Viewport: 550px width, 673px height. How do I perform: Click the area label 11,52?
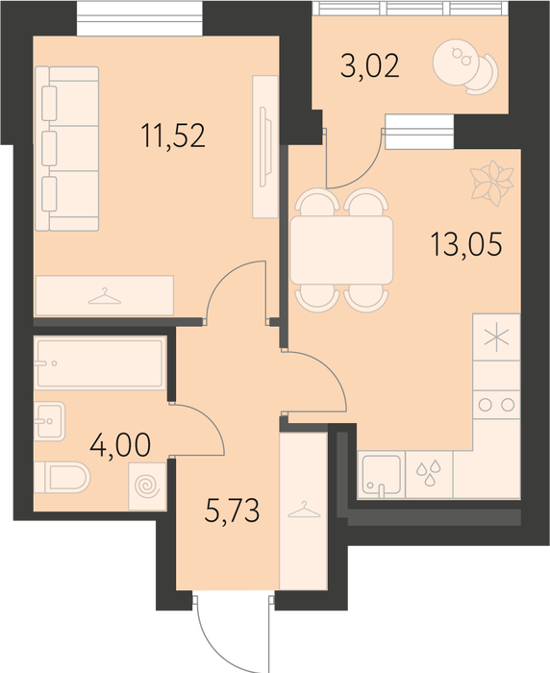click(173, 136)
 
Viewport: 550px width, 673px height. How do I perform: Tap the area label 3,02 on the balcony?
click(370, 66)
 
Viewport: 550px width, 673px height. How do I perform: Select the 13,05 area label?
click(465, 244)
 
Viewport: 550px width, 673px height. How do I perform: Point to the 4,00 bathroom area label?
click(120, 445)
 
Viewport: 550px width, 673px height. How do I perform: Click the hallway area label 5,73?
click(233, 511)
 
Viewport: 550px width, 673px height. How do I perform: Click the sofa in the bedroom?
click(67, 148)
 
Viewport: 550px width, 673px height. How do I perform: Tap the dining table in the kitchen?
click(341, 250)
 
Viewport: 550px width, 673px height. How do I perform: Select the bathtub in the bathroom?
click(100, 363)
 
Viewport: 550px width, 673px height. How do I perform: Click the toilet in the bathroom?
click(62, 477)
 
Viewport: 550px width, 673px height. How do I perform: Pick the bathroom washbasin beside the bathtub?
click(49, 421)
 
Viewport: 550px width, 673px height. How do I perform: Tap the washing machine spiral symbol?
click(147, 486)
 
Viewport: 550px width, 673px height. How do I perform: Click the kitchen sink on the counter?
click(382, 474)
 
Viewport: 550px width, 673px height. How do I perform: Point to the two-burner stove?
click(496, 405)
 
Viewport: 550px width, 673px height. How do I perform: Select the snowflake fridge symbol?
click(496, 336)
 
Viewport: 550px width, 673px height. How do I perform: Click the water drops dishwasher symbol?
click(429, 473)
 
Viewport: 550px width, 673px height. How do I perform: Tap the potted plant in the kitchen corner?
click(492, 183)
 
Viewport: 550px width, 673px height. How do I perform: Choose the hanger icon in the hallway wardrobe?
click(304, 510)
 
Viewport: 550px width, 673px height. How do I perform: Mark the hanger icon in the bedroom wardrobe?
click(105, 296)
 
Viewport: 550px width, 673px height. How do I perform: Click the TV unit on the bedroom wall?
click(265, 147)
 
